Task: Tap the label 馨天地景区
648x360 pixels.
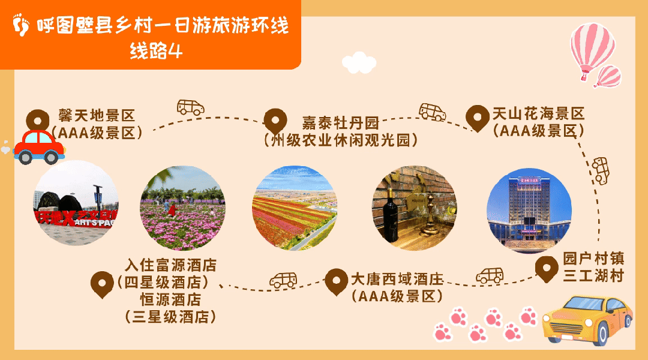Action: click(x=97, y=115)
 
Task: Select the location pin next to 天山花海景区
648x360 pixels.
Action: click(x=478, y=118)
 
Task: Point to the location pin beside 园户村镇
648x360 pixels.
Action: click(x=547, y=269)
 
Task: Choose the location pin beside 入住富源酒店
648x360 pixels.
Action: click(x=101, y=284)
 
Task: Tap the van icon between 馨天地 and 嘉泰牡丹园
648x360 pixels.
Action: click(x=190, y=107)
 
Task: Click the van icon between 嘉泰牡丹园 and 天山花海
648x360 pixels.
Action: click(x=432, y=112)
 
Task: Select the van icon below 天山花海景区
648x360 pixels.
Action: click(x=600, y=170)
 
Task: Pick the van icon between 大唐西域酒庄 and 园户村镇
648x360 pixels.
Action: click(x=490, y=275)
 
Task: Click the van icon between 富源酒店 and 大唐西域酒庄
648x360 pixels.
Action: click(x=283, y=280)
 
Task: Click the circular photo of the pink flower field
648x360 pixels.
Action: click(x=182, y=208)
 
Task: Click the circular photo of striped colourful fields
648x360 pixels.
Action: click(x=294, y=208)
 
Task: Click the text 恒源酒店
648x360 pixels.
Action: click(x=171, y=298)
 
